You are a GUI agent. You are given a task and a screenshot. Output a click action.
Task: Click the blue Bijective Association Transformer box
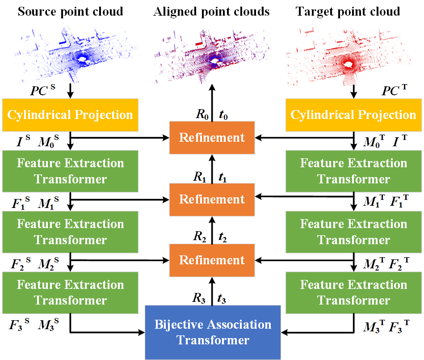pyautogui.click(x=213, y=332)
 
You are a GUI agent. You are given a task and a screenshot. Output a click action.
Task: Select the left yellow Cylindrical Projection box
pyautogui.click(x=70, y=114)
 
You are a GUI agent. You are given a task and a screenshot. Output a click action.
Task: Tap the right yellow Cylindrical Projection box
pyautogui.click(x=353, y=114)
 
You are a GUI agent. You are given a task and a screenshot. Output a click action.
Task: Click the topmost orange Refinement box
pyautogui.click(x=212, y=137)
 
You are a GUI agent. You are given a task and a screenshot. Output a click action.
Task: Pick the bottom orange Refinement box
pyautogui.click(x=212, y=260)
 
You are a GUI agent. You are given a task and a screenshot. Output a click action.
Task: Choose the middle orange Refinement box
pyautogui.click(x=212, y=199)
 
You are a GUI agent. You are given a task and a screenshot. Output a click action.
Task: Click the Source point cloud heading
pyautogui.click(x=70, y=11)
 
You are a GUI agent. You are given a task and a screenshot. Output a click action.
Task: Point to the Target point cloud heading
pyautogui.click(x=348, y=11)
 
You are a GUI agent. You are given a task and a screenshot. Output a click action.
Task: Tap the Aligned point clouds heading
pyautogui.click(x=211, y=11)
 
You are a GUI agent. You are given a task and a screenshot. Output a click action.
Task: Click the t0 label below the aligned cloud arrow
pyautogui.click(x=225, y=114)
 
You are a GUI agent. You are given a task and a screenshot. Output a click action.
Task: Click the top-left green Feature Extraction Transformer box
pyautogui.click(x=70, y=171)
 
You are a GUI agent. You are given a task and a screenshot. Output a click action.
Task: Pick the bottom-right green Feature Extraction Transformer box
pyautogui.click(x=353, y=293)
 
